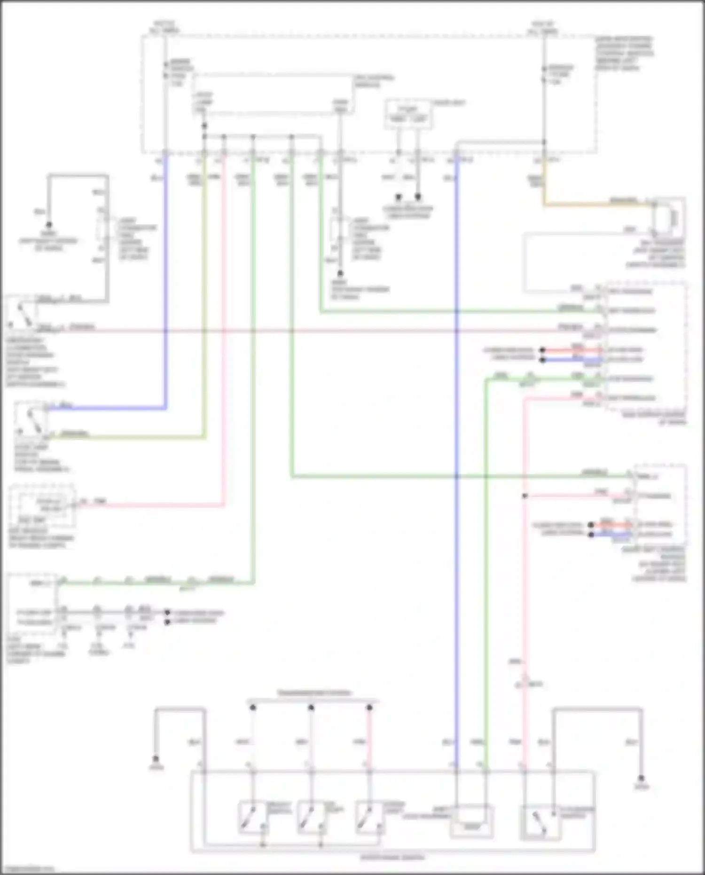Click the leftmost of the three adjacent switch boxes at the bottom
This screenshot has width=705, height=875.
point(252,819)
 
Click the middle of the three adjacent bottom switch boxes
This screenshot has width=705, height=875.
point(311,819)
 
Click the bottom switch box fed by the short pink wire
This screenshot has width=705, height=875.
point(369,819)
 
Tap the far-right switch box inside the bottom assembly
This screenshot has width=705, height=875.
point(540,821)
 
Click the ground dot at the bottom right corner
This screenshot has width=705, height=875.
point(641,779)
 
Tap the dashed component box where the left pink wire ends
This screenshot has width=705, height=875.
point(42,507)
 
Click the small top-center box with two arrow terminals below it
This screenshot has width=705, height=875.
point(408,114)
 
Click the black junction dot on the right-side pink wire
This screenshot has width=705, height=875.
point(525,496)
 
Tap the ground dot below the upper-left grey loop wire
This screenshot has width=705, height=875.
point(48,225)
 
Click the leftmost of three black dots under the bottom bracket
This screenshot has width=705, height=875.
point(252,707)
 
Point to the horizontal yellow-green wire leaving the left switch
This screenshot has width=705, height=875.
point(127,437)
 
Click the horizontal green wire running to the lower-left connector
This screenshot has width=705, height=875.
point(155,583)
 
